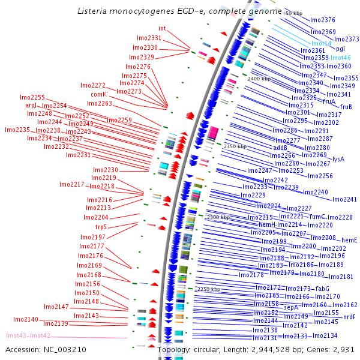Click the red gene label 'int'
[162, 28]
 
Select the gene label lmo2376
[323, 20]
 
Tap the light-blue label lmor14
[321, 44]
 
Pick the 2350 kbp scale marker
[235, 146]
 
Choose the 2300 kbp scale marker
[218, 217]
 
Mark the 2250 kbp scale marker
[209, 289]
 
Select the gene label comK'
[100, 94]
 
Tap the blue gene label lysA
[338, 159]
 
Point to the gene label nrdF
[349, 317]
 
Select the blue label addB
[280, 147]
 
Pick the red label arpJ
[31, 106]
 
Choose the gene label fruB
[346, 107]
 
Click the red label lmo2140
[26, 319]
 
